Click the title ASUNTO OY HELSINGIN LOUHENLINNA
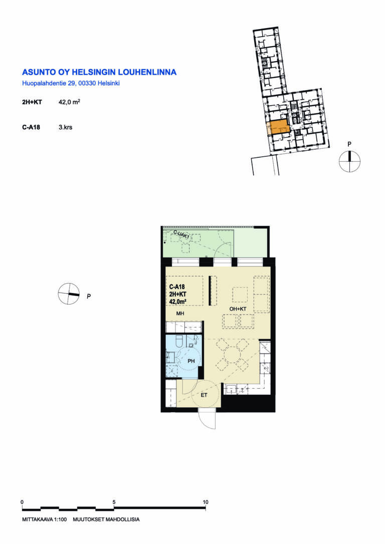[99, 72]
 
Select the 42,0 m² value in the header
[70, 102]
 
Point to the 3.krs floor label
[66, 127]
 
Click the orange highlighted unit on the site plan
[278, 127]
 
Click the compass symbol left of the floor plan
[69, 294]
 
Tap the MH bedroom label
[180, 314]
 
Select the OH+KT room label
[238, 309]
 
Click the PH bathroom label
[191, 361]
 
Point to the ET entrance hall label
[204, 395]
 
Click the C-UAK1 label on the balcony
[181, 235]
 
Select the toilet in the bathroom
[179, 342]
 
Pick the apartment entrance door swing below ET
[207, 420]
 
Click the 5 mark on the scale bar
[114, 502]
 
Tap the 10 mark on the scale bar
[206, 502]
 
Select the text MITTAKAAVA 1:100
[45, 519]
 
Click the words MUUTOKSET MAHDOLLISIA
[106, 519]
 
